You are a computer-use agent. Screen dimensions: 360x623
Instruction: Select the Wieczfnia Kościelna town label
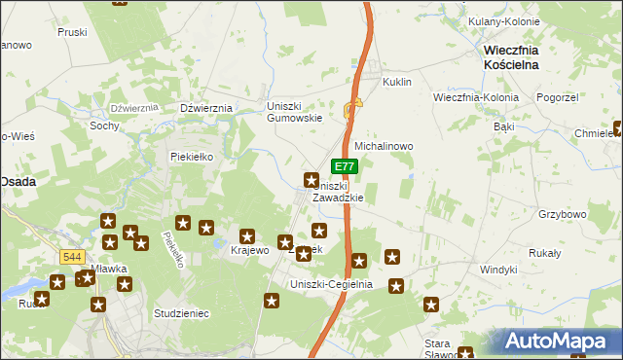click(526, 55)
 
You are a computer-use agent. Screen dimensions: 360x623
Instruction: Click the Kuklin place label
click(399, 83)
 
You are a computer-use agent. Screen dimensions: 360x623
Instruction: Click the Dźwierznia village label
click(205, 108)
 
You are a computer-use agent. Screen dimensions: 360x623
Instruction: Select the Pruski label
click(72, 32)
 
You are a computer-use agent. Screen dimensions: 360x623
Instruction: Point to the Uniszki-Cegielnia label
click(332, 284)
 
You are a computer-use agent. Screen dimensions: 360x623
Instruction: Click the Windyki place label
click(498, 269)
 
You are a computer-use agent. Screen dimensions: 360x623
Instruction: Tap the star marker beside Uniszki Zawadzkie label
click(311, 180)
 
